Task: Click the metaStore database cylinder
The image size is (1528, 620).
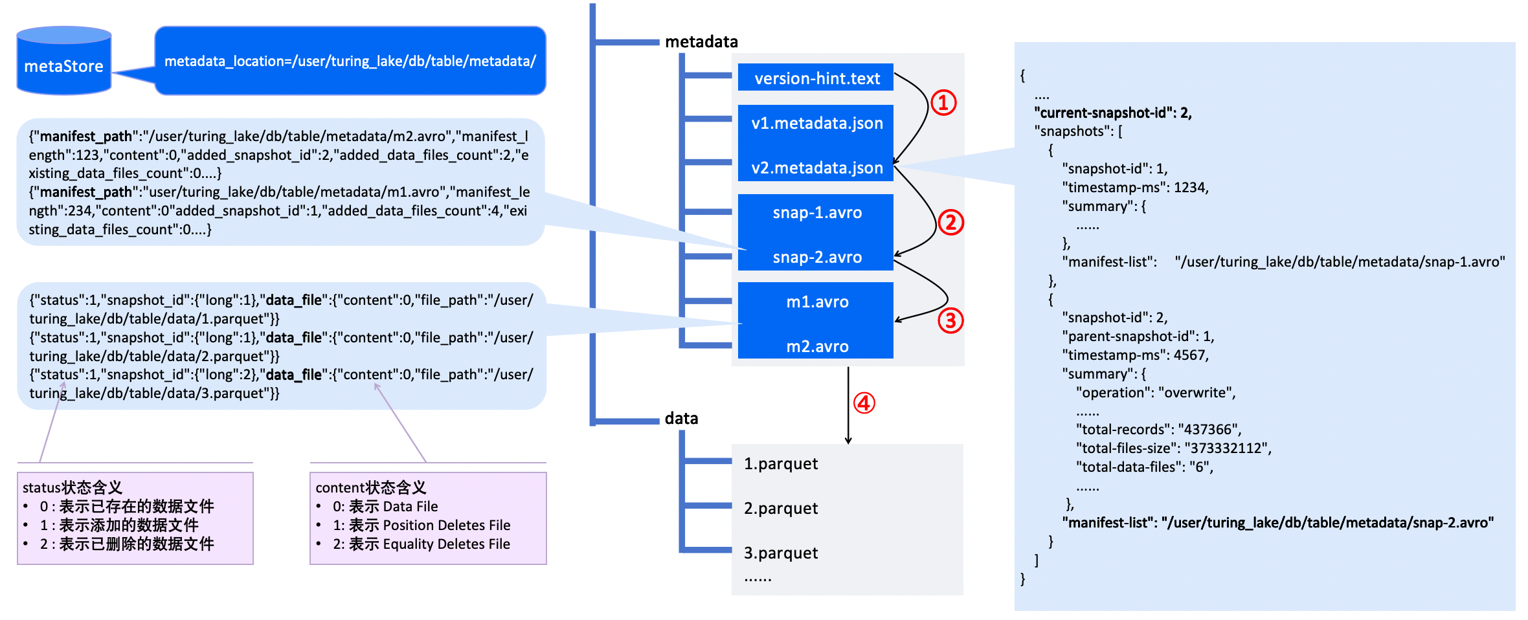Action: pyautogui.click(x=64, y=61)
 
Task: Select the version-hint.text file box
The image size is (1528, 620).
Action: pyautogui.click(x=816, y=78)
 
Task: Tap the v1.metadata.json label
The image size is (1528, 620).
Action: pyautogui.click(x=817, y=123)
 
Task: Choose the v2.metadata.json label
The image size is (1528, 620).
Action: pyautogui.click(x=817, y=168)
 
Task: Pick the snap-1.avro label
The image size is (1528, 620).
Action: pyautogui.click(x=817, y=212)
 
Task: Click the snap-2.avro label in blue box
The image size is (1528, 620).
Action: pyautogui.click(x=817, y=257)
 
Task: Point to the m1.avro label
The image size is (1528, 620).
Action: pyautogui.click(x=817, y=302)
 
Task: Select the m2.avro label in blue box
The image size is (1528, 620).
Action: pyautogui.click(x=817, y=346)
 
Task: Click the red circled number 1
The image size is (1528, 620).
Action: pyautogui.click(x=943, y=102)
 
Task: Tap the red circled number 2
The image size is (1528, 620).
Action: pyautogui.click(x=950, y=222)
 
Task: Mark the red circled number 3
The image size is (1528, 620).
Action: pyautogui.click(x=950, y=320)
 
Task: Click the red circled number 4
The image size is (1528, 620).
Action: pyautogui.click(x=864, y=403)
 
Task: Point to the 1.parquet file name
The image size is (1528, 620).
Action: pyautogui.click(x=781, y=463)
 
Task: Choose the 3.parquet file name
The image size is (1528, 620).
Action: pyautogui.click(x=781, y=553)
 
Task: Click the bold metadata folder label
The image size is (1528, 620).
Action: pyautogui.click(x=701, y=41)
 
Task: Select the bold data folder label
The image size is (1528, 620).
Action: pyautogui.click(x=681, y=418)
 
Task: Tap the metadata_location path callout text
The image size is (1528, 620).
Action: pyautogui.click(x=350, y=61)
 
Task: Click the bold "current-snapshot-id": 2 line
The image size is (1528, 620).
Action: pyautogui.click(x=1113, y=113)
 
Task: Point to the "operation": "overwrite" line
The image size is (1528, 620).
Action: pyautogui.click(x=1156, y=392)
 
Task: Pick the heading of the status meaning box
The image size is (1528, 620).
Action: pyautogui.click(x=73, y=487)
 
